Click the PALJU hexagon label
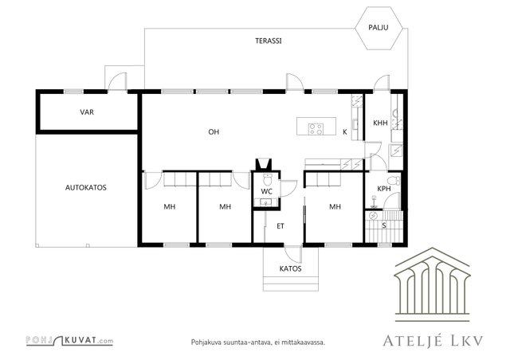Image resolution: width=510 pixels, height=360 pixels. click(x=378, y=27)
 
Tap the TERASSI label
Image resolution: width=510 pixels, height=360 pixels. click(x=269, y=41)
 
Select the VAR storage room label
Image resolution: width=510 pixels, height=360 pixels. click(x=87, y=112)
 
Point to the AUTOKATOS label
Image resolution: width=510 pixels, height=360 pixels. click(x=86, y=188)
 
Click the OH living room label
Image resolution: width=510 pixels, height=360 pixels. click(x=214, y=131)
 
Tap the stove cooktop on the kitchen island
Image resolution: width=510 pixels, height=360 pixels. click(x=316, y=129)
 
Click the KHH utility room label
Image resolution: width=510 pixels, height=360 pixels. click(x=380, y=123)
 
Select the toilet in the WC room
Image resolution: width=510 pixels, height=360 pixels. click(x=268, y=179)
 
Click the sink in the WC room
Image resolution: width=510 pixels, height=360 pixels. click(x=266, y=202)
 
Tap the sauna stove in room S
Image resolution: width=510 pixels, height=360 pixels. click(x=373, y=215)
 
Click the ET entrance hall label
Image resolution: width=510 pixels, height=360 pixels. click(x=280, y=226)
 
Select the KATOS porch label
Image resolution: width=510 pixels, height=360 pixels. click(x=290, y=268)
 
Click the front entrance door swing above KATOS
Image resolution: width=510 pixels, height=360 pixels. click(x=292, y=253)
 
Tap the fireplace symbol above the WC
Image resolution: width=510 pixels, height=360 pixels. click(x=264, y=164)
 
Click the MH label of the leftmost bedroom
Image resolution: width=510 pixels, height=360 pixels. click(x=170, y=207)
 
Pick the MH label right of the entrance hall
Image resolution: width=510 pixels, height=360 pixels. click(x=335, y=207)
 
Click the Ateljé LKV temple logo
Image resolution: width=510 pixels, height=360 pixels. click(x=432, y=284)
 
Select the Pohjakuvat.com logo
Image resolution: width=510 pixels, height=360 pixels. click(x=69, y=341)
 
